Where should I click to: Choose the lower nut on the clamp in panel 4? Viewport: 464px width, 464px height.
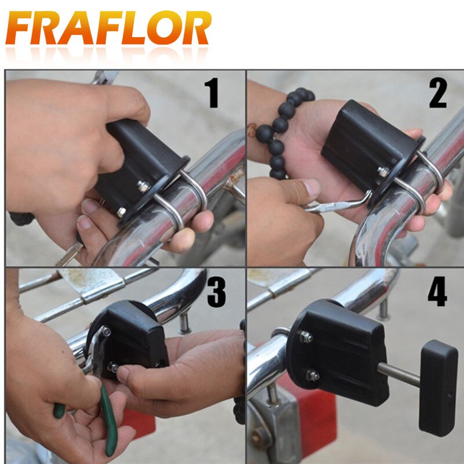[313, 375]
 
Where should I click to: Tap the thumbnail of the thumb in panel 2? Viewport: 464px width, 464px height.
[313, 187]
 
